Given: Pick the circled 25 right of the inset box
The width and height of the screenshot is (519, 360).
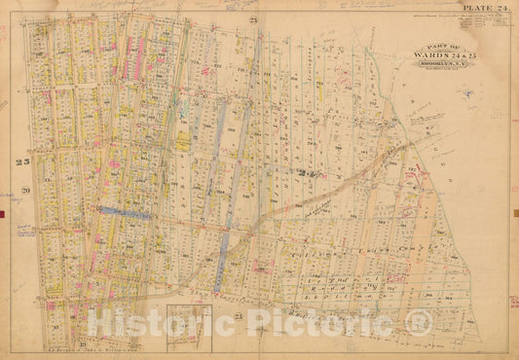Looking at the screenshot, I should coord(238,317).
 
